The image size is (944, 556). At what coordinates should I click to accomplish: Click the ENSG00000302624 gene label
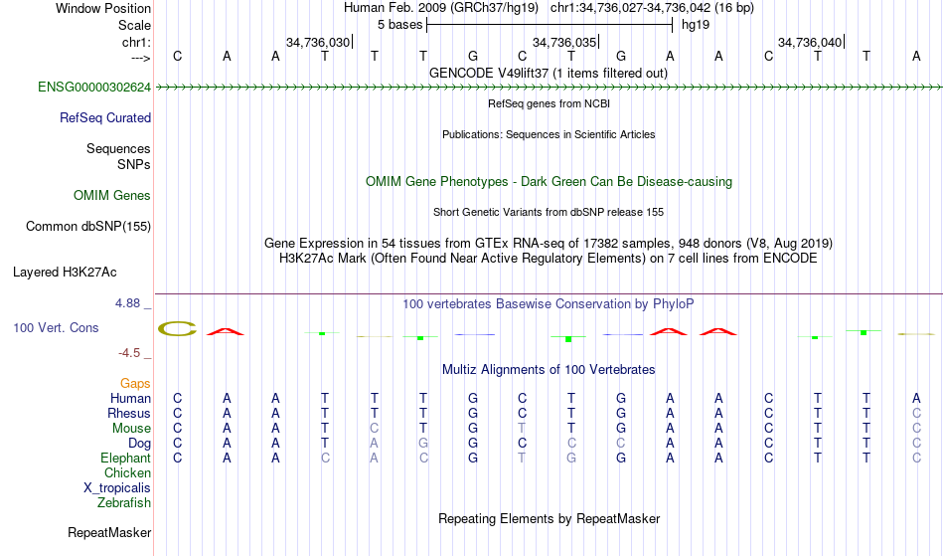coord(94,88)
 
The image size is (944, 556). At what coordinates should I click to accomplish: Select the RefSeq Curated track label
coord(105,118)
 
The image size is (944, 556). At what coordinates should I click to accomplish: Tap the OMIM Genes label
coord(112,196)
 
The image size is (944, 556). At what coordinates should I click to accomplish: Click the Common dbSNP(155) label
coord(88,227)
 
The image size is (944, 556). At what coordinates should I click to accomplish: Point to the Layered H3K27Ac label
coord(65,273)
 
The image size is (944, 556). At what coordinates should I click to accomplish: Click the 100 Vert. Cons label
coord(56,327)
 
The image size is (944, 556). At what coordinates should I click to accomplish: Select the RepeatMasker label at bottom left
coord(109,532)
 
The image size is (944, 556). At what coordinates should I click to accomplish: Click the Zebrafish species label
coord(124,503)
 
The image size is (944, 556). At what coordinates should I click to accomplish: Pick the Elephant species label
coord(126,459)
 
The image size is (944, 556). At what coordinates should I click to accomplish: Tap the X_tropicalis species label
coord(117,488)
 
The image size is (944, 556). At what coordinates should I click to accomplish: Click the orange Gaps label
coord(135,384)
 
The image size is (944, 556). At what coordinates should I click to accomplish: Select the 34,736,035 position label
coord(564,42)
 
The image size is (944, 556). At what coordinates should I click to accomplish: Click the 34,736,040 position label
coord(810,42)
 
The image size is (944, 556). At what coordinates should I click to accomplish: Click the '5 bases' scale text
coord(400,25)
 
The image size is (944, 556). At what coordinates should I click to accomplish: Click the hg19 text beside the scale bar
coord(696,25)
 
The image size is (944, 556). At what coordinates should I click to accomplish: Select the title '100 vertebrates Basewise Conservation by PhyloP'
coord(548,304)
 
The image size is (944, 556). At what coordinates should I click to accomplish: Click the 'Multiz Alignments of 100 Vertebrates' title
coord(549,370)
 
